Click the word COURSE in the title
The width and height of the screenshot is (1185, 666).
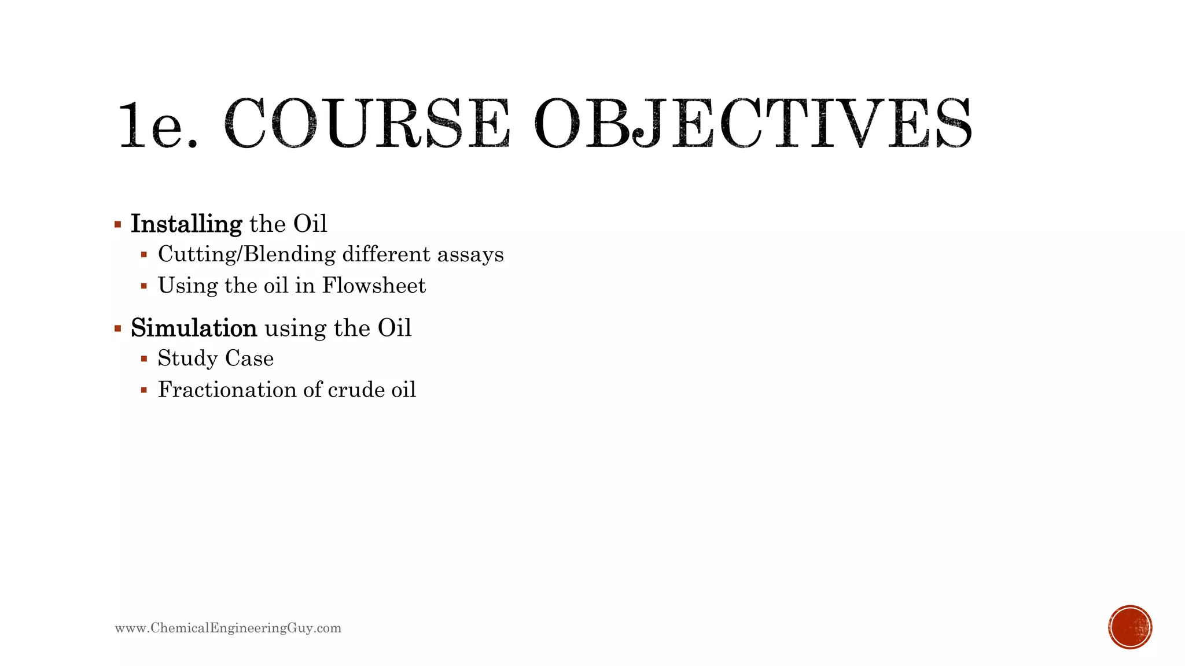point(367,123)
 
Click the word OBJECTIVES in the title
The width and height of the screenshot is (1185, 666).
point(752,123)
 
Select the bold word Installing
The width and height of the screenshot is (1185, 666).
point(186,224)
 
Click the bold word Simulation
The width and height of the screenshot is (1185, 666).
point(194,328)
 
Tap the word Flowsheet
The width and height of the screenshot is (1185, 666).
point(374,286)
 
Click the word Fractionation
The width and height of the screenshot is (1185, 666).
point(228,390)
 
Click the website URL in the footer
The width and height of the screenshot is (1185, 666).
point(228,628)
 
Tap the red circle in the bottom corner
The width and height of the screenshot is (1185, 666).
point(1130,627)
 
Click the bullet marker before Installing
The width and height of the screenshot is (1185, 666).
point(118,224)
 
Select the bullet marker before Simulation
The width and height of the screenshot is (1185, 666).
point(118,329)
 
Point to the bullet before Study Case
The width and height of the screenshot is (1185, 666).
point(144,359)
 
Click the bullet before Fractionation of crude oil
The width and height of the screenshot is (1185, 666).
point(144,390)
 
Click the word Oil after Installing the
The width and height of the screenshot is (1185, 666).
point(310,224)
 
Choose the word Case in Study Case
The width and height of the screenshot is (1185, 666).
point(249,359)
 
